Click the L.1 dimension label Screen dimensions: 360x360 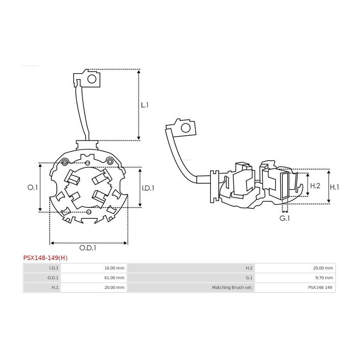pos(145,105)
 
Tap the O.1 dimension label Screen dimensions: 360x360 pos(32,187)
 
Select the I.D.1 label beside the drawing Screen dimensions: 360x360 pos(148,188)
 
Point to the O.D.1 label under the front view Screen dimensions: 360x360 pos(88,248)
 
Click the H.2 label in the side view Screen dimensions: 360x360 pos(315,186)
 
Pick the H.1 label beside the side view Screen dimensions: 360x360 pos(334,187)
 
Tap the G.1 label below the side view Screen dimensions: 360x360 pos(284,218)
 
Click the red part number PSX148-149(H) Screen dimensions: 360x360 pos(46,258)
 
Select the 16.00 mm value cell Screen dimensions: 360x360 pos(114,268)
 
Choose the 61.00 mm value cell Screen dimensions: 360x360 pos(114,278)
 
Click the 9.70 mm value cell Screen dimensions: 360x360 pos(324,278)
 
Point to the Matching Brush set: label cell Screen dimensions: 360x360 pos(232,287)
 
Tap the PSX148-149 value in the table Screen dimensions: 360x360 pos(320,287)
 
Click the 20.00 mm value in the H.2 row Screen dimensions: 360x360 pos(323,268)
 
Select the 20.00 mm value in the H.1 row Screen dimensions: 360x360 pos(114,287)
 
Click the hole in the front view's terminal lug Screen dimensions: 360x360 pos(92,79)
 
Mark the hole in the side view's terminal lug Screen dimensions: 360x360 pos(186,128)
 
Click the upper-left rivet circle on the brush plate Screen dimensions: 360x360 pos(65,163)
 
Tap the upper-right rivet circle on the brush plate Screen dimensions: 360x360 pos(110,162)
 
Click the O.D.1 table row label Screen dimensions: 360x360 pos(53,278)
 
